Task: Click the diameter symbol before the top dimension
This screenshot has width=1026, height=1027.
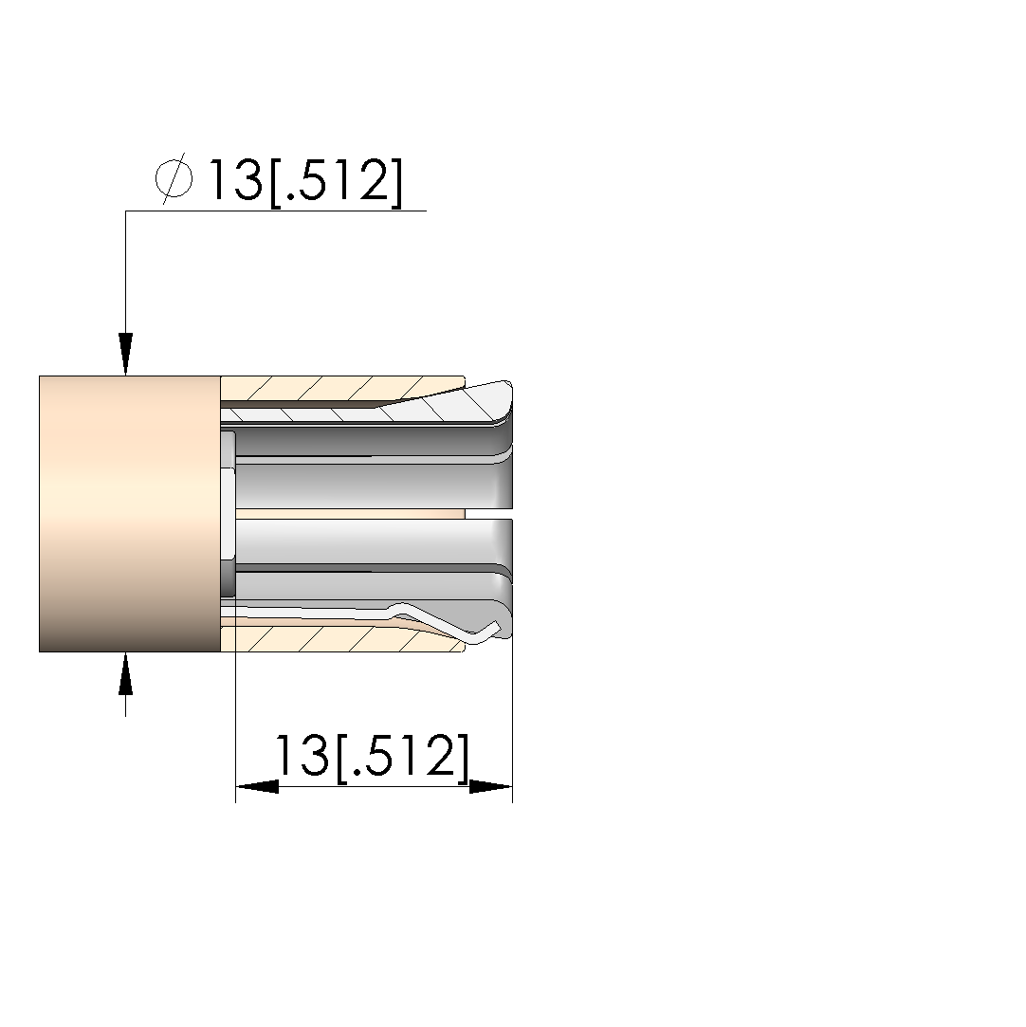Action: pos(174,178)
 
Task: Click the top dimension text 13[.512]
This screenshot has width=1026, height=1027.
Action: pos(304,181)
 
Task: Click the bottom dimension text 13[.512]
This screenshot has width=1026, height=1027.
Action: pos(372,757)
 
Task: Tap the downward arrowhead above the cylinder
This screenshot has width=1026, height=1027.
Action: pos(126,354)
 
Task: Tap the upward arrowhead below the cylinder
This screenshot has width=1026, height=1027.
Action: pos(126,673)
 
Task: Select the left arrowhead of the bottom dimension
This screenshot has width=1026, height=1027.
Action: pos(257,786)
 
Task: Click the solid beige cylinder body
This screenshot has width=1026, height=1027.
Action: pos(130,514)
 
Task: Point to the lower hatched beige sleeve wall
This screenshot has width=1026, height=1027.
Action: pos(340,639)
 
